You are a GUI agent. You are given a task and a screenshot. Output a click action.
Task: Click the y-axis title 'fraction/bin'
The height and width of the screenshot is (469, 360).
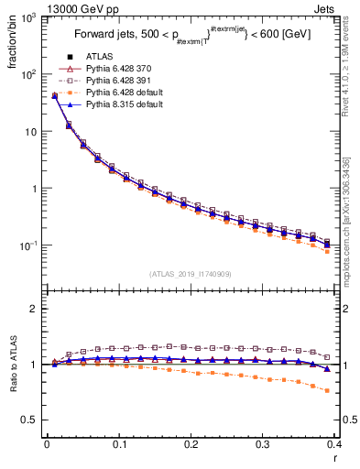[x=11, y=42]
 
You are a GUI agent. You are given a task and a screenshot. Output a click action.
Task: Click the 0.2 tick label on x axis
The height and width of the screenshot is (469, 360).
[x=191, y=443]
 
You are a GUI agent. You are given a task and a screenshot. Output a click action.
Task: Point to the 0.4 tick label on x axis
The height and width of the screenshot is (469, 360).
[x=335, y=443]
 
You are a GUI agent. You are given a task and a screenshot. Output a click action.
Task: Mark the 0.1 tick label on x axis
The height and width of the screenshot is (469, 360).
[x=119, y=443]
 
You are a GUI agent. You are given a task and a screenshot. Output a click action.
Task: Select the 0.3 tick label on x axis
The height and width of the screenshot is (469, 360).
[x=264, y=443]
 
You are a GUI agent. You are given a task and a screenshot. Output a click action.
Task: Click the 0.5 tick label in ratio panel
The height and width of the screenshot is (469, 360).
[x=31, y=420]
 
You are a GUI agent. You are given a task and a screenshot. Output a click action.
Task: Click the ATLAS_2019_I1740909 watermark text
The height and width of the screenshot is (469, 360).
[x=190, y=274]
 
